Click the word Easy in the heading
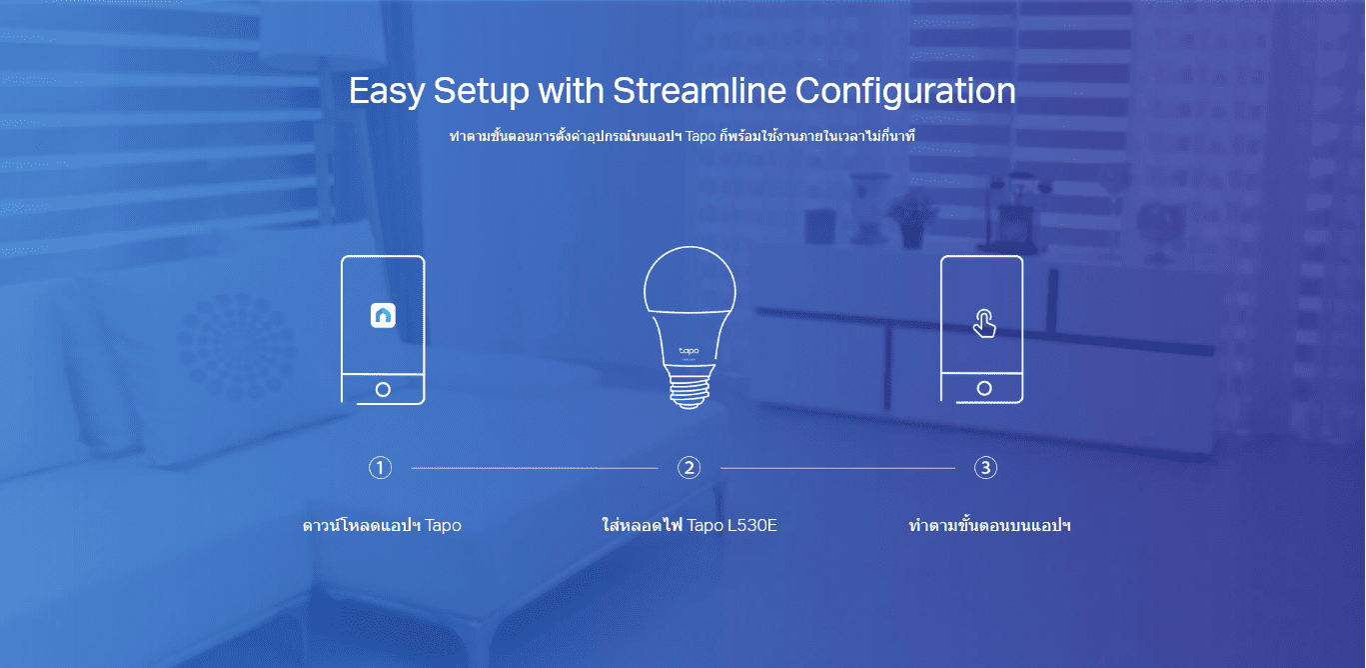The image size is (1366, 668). (386, 92)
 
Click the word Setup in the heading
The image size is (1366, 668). (482, 92)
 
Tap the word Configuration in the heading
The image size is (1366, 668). (905, 92)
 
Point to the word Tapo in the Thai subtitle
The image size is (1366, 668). (700, 136)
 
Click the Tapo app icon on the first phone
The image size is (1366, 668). (383, 315)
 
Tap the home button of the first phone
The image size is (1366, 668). (383, 389)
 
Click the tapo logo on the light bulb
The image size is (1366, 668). (689, 351)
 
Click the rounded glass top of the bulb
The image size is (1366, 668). (689, 280)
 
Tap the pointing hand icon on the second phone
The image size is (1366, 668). (984, 323)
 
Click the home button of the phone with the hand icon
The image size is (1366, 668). (984, 388)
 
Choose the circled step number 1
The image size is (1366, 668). (380, 468)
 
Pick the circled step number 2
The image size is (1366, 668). (689, 468)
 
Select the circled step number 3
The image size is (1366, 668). (985, 468)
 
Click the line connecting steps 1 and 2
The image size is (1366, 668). (535, 468)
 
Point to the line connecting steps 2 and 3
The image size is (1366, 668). (838, 468)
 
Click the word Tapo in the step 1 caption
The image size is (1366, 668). (443, 525)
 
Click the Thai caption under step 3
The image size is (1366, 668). (989, 525)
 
